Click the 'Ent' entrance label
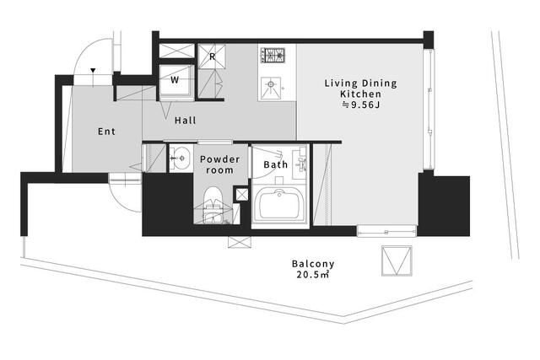click(x=106, y=132)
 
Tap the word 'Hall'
click(x=186, y=121)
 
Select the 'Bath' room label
click(x=276, y=165)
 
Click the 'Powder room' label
click(x=219, y=164)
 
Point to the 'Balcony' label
click(x=313, y=264)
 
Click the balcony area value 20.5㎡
click(x=313, y=275)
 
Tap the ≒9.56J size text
click(x=360, y=105)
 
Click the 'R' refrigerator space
click(x=212, y=56)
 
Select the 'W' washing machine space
click(x=175, y=80)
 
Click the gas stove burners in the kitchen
click(x=273, y=55)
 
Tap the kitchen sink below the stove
click(x=271, y=89)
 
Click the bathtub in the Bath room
click(x=279, y=206)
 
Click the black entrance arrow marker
click(x=93, y=71)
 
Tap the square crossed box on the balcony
click(x=397, y=261)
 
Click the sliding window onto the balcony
click(x=386, y=231)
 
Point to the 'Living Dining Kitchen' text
click(x=360, y=89)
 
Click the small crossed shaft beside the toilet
click(x=241, y=195)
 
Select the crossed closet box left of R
click(x=177, y=51)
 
